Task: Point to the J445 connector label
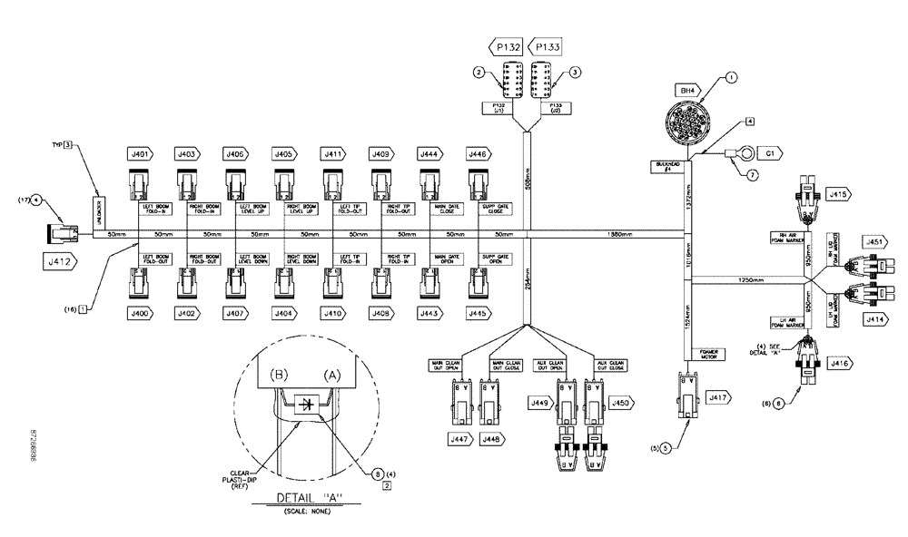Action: [475, 313]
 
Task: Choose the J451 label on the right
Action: [873, 241]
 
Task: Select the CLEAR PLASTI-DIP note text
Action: [239, 478]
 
